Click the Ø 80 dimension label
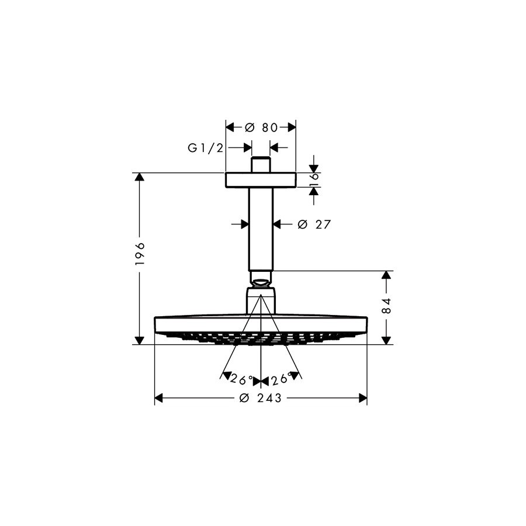[261, 127]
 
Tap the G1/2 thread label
[205, 148]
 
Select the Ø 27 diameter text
[314, 224]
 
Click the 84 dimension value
[386, 305]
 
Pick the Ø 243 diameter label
[260, 398]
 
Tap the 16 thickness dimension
[314, 180]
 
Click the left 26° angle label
[241, 379]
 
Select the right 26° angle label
[281, 379]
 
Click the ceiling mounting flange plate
[261, 180]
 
